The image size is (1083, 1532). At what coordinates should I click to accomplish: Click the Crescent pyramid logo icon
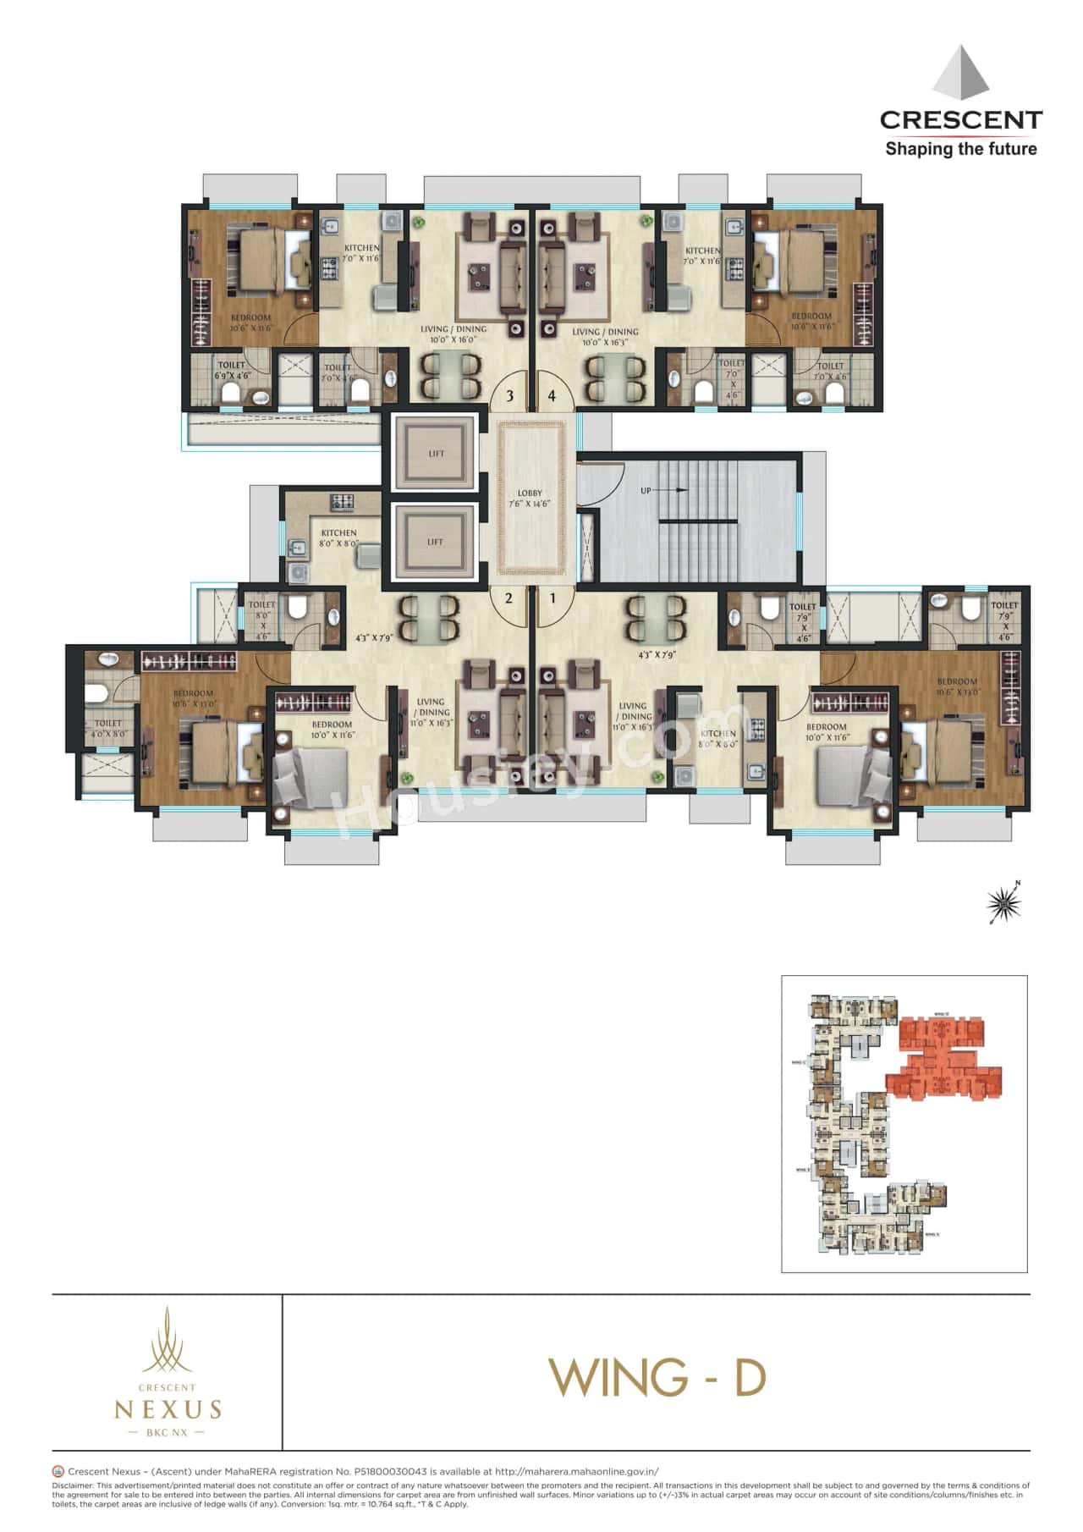pos(961,74)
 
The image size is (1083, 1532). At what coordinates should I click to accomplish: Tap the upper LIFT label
pos(436,454)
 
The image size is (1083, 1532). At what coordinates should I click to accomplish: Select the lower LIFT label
pos(435,542)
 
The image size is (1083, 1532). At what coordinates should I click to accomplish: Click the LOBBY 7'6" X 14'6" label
pos(530,499)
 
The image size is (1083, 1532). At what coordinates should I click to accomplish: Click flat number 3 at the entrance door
pos(509,395)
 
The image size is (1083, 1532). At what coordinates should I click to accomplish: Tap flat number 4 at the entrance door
pos(552,395)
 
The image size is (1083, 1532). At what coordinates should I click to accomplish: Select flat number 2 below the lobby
pos(509,598)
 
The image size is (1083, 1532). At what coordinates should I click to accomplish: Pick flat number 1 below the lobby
pos(553,598)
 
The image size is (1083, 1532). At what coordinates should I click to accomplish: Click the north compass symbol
pos(1005,904)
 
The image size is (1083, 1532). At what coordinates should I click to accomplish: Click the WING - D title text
pos(657,1377)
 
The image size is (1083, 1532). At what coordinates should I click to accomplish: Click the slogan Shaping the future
pos(960,149)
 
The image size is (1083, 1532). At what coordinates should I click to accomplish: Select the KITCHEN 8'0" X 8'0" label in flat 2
pos(338,538)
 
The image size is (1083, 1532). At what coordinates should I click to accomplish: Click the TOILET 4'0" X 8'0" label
pos(107,729)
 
